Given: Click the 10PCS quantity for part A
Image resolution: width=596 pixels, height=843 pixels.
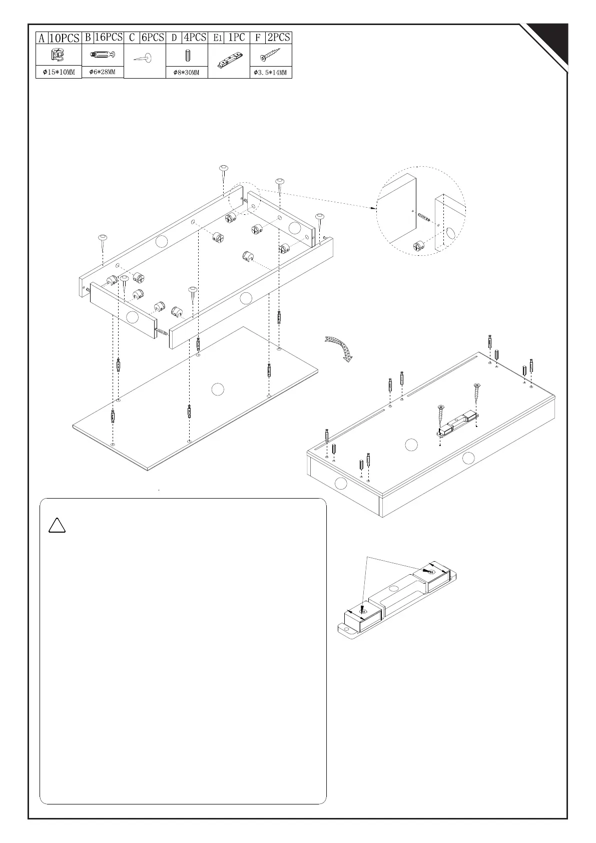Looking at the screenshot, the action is [x=65, y=38].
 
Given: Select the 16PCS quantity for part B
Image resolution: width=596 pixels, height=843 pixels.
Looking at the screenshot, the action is [x=108, y=37].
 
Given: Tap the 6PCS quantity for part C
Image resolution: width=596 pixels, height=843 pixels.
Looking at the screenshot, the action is [x=153, y=37].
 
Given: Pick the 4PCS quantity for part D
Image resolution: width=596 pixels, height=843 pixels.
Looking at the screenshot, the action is [x=195, y=37].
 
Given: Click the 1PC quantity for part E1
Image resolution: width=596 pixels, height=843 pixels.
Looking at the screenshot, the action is [x=236, y=37].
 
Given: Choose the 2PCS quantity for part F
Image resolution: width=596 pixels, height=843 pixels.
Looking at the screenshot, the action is [x=279, y=37].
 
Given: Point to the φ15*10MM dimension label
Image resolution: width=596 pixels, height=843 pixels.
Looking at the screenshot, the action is [x=59, y=73].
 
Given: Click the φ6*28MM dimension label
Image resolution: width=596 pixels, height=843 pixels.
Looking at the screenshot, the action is [x=102, y=72].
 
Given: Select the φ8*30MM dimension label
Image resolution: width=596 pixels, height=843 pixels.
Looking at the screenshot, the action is [x=186, y=73].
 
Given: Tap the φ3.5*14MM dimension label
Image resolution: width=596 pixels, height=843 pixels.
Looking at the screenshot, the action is [x=271, y=73].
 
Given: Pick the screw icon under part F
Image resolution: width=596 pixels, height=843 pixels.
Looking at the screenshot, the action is [x=270, y=54].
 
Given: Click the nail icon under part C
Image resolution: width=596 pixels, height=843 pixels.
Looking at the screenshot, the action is [x=144, y=58].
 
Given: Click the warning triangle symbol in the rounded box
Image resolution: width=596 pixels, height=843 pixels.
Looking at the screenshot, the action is [x=57, y=525].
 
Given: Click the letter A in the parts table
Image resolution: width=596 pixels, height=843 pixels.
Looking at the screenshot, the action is [x=42, y=38].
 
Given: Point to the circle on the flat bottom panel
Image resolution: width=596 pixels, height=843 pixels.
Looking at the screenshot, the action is [x=217, y=389].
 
